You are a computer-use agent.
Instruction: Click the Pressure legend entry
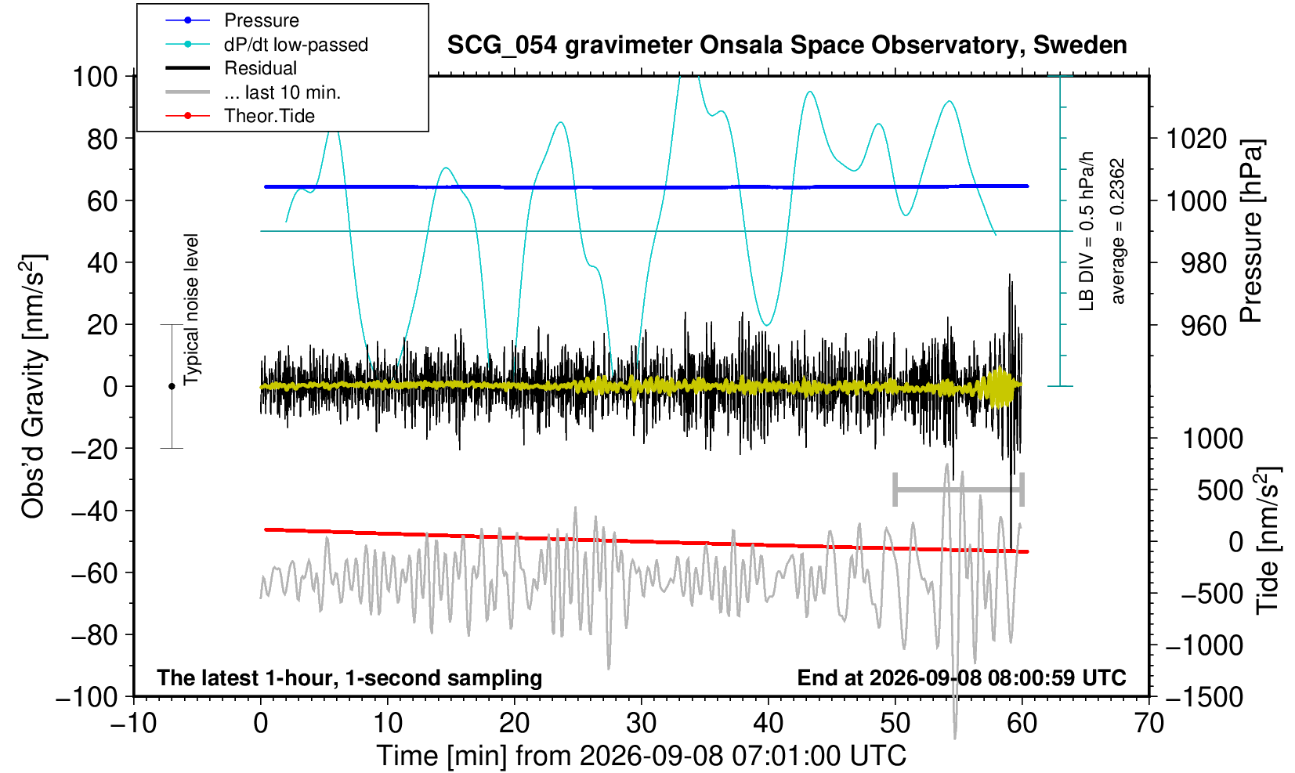262,20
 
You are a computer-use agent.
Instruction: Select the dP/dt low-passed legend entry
296,45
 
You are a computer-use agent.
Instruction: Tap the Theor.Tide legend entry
269,116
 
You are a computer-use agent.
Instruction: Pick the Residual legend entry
260,68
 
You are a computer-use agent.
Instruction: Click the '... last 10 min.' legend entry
282,92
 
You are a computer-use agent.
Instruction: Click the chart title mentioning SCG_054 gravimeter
787,45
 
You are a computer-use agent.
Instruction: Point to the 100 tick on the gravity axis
95,77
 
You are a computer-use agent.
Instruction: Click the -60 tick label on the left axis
94,573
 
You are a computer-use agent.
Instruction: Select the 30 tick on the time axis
641,723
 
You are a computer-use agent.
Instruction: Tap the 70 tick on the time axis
1148,723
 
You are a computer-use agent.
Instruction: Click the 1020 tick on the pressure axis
1196,139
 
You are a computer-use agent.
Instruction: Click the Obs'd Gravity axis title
32,386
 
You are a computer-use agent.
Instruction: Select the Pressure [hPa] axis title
1251,231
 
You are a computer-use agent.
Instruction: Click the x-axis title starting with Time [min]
641,756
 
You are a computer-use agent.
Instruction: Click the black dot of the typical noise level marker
172,386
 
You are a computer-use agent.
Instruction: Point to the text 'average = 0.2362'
1117,231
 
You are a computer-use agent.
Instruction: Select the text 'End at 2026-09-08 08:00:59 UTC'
961,677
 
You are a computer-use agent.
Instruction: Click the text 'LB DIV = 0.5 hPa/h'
1087,231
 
